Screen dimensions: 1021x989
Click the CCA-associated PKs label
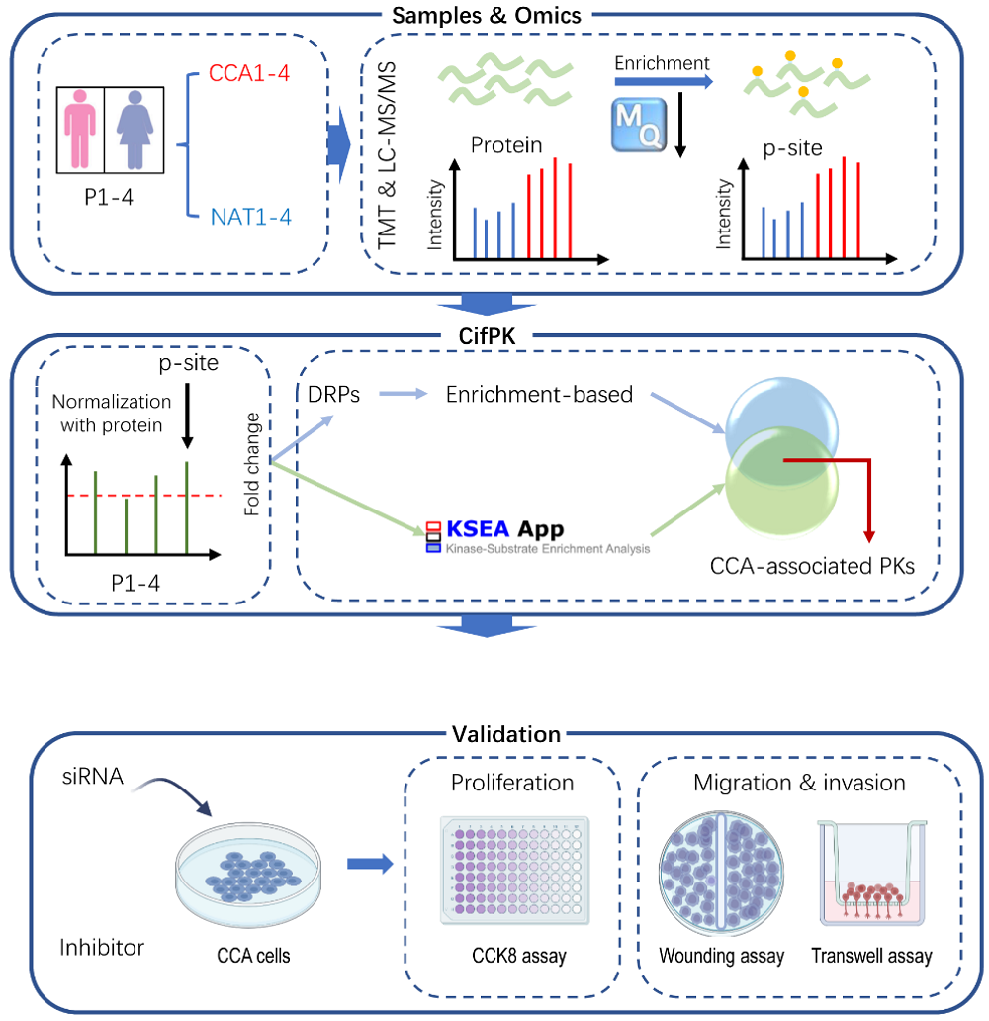(x=812, y=567)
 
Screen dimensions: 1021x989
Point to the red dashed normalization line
(x=143, y=495)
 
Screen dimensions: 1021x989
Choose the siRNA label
(x=90, y=778)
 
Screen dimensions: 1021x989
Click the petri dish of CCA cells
(x=252, y=877)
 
